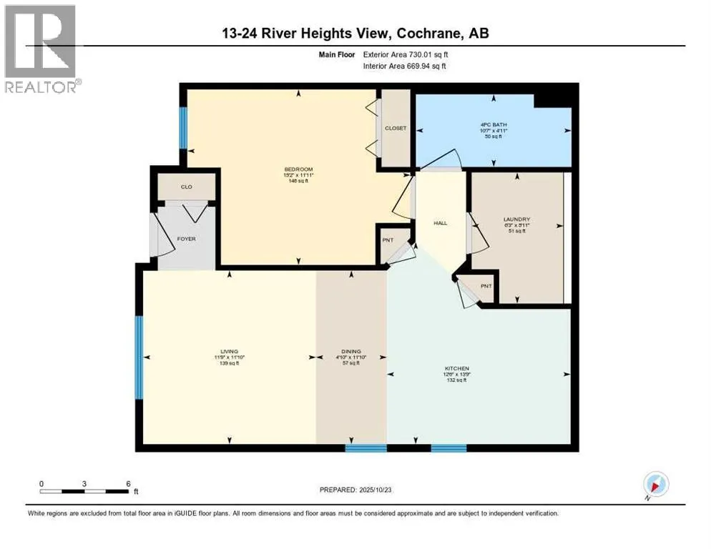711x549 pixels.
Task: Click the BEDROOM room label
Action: pyautogui.click(x=299, y=169)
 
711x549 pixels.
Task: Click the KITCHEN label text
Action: pyautogui.click(x=455, y=367)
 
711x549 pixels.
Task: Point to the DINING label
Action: pyautogui.click(x=351, y=350)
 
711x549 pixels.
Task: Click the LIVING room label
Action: pyautogui.click(x=230, y=350)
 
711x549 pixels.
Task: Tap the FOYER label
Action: pyautogui.click(x=187, y=239)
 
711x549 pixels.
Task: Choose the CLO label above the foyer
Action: pyautogui.click(x=186, y=187)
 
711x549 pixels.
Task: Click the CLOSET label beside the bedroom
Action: pyautogui.click(x=396, y=128)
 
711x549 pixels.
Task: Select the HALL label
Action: pyautogui.click(x=441, y=223)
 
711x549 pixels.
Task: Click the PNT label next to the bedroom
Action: pyautogui.click(x=386, y=240)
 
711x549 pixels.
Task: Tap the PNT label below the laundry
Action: pyautogui.click(x=486, y=286)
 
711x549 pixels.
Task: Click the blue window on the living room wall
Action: pyautogui.click(x=139, y=357)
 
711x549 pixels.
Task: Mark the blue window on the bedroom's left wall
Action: pyautogui.click(x=183, y=127)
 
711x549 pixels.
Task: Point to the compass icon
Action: pyautogui.click(x=655, y=484)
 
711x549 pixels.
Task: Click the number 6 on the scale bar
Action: pyautogui.click(x=127, y=483)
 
